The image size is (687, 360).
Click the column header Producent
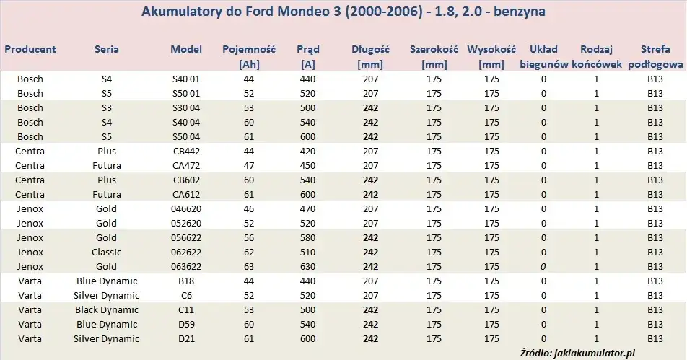tap(30, 50)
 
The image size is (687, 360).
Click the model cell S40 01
tap(186, 79)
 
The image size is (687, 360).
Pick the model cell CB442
tap(186, 152)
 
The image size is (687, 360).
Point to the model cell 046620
tap(186, 209)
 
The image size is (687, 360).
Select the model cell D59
tap(186, 325)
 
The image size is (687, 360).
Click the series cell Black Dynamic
tap(107, 310)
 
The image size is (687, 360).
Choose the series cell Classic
tap(107, 253)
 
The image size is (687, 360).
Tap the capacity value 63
tap(248, 267)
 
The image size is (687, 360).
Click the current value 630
tap(308, 267)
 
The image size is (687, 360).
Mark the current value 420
tap(308, 152)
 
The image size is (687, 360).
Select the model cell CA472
tap(186, 166)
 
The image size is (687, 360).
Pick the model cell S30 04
tap(186, 108)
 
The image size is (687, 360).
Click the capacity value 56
tap(248, 238)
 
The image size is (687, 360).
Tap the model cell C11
tap(186, 310)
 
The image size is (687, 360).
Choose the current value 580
tap(308, 238)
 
